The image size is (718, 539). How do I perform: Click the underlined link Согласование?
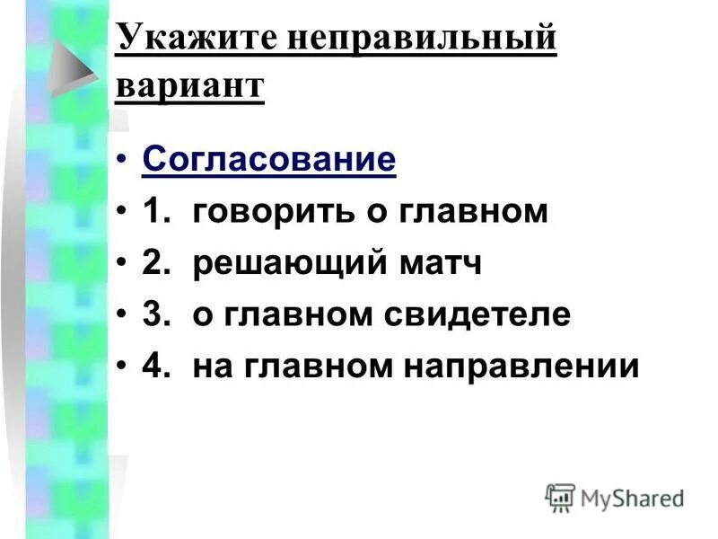[x=268, y=161]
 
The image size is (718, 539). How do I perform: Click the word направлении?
[x=529, y=367]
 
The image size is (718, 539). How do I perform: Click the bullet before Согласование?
[x=122, y=163]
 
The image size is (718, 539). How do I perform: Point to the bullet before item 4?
[x=122, y=368]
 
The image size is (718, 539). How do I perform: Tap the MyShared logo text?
[x=631, y=498]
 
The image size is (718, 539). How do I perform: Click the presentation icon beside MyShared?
[x=560, y=497]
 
